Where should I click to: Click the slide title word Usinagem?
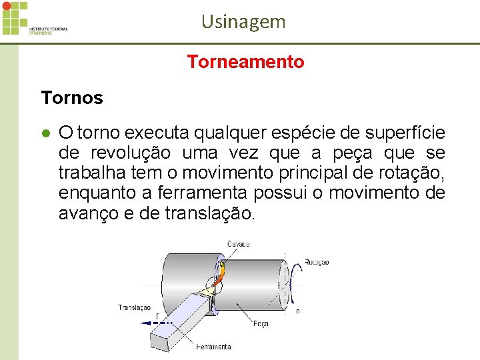click(x=243, y=22)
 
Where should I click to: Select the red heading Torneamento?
click(x=245, y=62)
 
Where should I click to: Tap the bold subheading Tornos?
click(x=72, y=98)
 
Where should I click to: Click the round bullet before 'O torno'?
click(x=46, y=133)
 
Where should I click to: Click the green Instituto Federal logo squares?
click(x=14, y=17)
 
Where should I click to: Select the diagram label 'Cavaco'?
click(x=239, y=244)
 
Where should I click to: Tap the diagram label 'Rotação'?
click(x=317, y=262)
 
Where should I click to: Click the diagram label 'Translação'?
click(x=134, y=307)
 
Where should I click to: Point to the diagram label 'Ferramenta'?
click(x=214, y=347)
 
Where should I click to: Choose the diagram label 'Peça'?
click(x=261, y=324)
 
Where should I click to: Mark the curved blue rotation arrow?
click(x=294, y=283)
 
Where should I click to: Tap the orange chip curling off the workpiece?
click(x=223, y=272)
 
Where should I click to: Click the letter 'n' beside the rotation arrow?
click(x=297, y=311)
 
